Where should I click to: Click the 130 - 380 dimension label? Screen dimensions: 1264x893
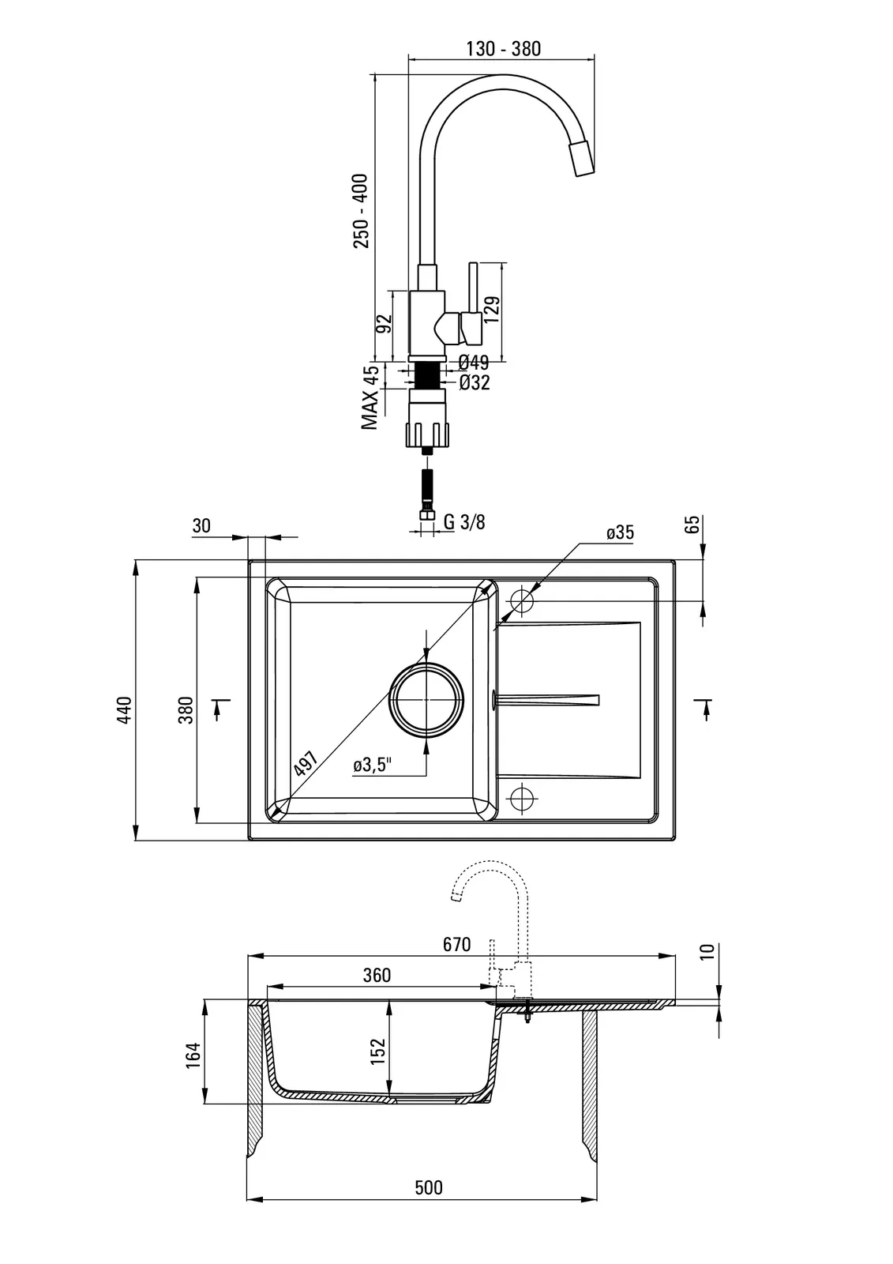[x=503, y=48]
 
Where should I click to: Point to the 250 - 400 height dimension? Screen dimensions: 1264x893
[x=361, y=211]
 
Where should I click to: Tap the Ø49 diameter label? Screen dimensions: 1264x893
[x=474, y=363]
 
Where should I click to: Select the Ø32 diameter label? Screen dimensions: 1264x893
[x=474, y=383]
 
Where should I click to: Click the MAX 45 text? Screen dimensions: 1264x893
[x=370, y=398]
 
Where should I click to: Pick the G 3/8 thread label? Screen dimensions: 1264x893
[x=463, y=521]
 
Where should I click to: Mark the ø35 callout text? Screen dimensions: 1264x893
[x=620, y=532]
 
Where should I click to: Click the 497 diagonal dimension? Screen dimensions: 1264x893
[x=304, y=765]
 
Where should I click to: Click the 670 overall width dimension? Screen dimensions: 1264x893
[x=456, y=944]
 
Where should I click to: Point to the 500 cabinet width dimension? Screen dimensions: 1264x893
[x=429, y=1187]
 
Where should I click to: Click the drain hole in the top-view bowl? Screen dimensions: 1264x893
[x=426, y=698]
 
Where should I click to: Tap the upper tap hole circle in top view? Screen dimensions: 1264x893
[x=522, y=600]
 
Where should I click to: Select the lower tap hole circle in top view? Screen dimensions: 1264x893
[x=522, y=798]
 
